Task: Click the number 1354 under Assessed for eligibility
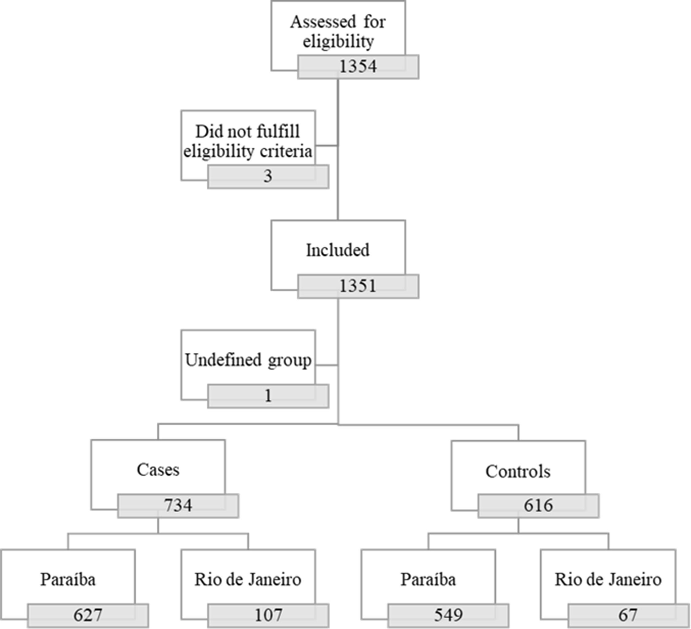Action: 358,66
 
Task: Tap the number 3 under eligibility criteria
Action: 268,176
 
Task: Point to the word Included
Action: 338,250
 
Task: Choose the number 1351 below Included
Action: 358,286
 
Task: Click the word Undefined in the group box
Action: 224,360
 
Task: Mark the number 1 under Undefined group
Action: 268,396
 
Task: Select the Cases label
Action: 158,470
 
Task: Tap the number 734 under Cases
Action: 178,506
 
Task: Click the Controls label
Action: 518,472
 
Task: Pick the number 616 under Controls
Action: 538,506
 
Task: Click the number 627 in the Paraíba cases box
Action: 88,615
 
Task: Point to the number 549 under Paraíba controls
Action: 448,615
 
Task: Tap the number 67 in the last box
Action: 628,615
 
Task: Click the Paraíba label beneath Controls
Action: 428,580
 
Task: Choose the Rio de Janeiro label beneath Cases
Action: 248,580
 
